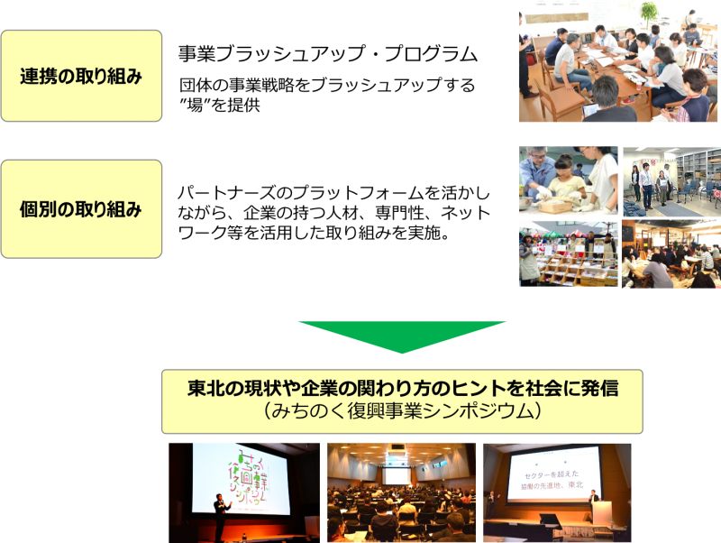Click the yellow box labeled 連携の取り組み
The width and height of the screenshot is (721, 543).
[x=81, y=76]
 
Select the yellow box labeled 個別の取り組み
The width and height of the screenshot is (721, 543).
[x=81, y=209]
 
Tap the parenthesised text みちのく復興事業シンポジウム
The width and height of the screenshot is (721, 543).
[x=402, y=411]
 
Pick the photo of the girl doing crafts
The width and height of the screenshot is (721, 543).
[x=568, y=179]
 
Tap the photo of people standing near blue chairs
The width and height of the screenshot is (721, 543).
[x=671, y=179]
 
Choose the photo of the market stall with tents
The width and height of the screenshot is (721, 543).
[x=568, y=253]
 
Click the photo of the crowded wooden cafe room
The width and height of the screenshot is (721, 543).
[x=671, y=253]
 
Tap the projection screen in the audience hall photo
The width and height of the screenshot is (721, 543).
[x=395, y=474]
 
